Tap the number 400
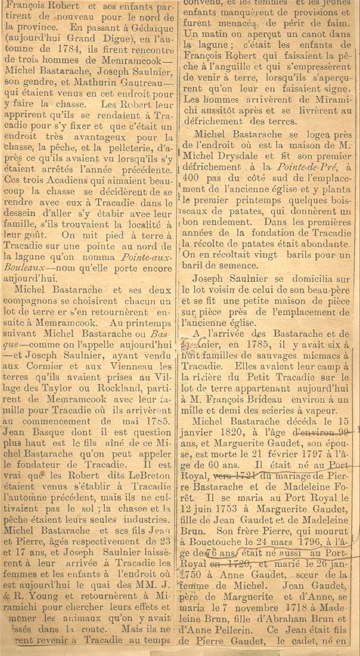coord(193,177)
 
